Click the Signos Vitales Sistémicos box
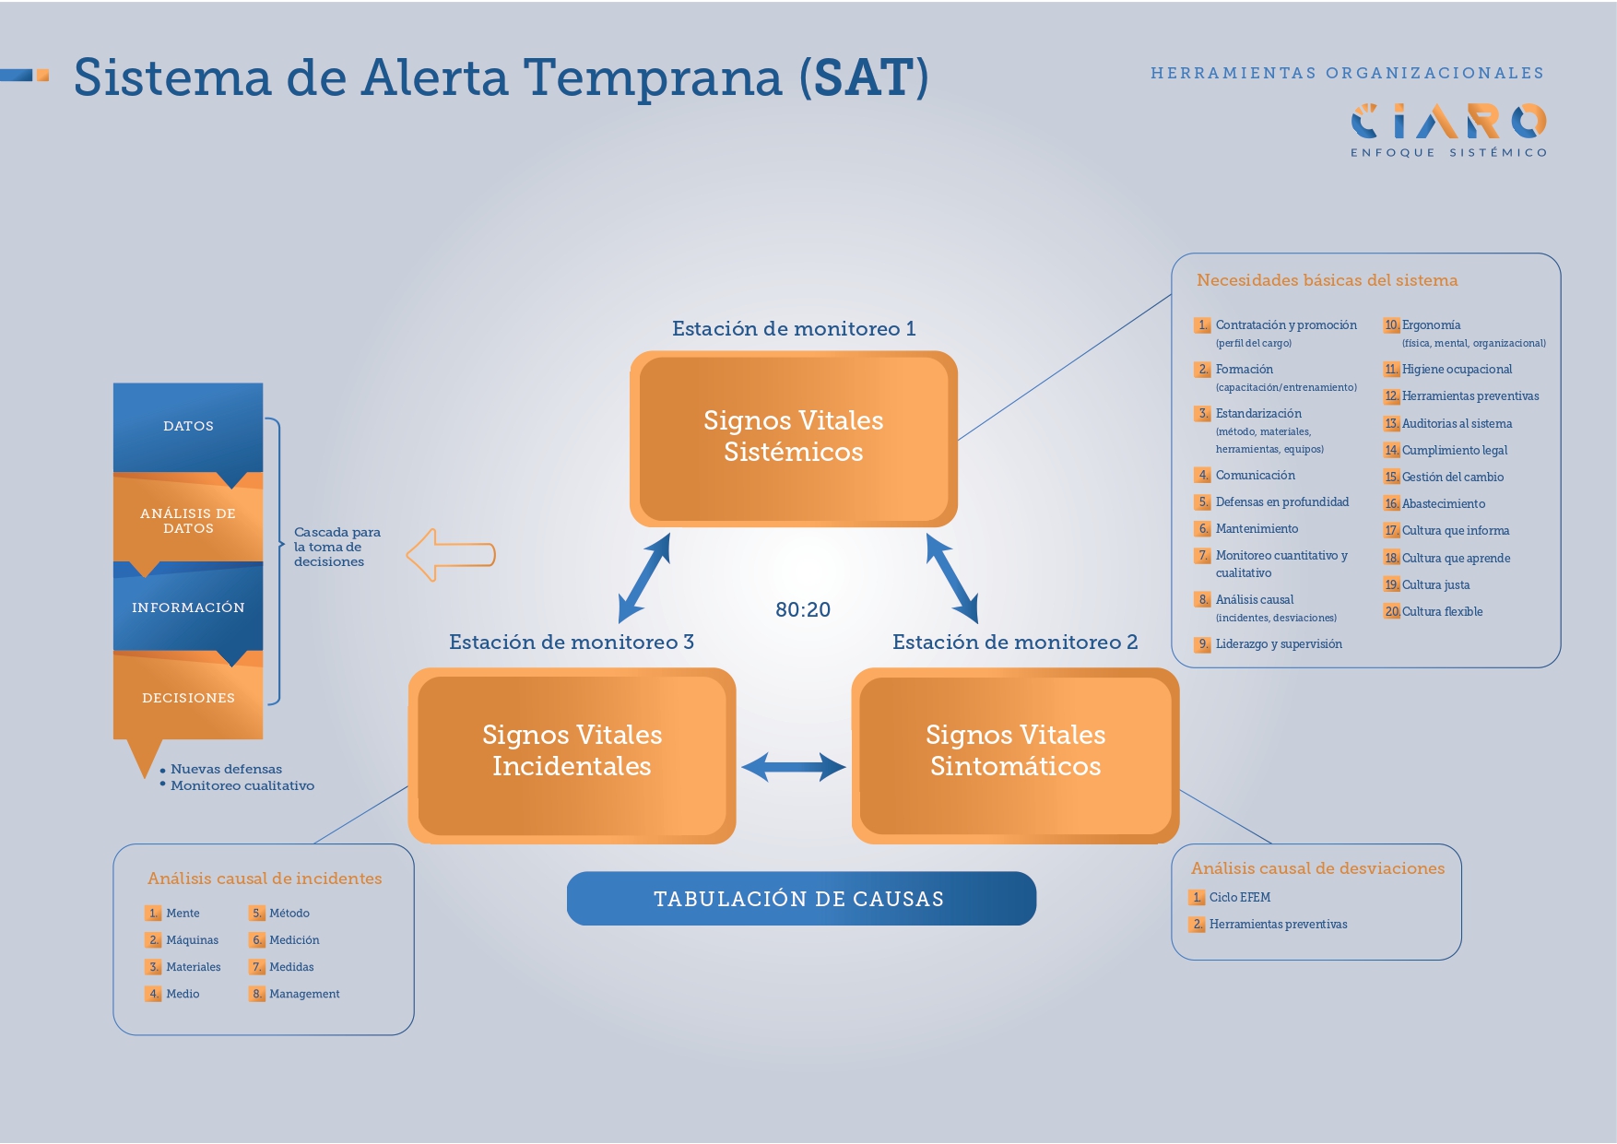click(793, 438)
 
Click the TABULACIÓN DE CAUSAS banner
click(800, 899)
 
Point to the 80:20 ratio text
click(803, 609)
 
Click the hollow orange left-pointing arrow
click(451, 555)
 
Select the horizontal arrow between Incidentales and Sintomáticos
click(794, 767)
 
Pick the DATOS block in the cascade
click(188, 426)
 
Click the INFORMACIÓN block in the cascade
click(188, 607)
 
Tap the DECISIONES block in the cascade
click(188, 698)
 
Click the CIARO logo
click(1448, 122)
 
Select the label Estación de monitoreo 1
click(794, 329)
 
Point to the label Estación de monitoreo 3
click(572, 643)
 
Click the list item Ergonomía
click(1431, 325)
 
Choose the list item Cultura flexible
click(1442, 612)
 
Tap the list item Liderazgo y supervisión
click(1278, 644)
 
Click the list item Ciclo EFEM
click(1239, 898)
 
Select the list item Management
click(304, 994)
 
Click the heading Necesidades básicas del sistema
click(1327, 280)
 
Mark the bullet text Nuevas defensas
click(226, 769)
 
